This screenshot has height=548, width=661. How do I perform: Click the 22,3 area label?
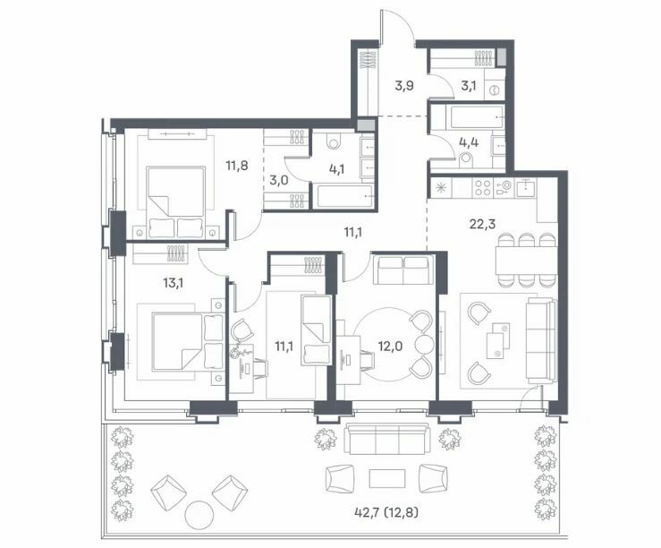[x=483, y=224]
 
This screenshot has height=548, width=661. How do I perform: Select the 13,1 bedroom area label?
[x=174, y=283]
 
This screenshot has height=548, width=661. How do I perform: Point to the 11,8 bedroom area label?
[x=236, y=166]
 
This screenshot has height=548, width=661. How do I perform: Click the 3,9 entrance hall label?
[x=404, y=86]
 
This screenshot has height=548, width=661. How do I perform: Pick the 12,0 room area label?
[x=390, y=347]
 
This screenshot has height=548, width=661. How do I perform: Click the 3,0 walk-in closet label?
[x=279, y=181]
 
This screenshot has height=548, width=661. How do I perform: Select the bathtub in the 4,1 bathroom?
[x=345, y=196]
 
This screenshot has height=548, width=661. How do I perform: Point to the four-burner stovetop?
[x=482, y=188]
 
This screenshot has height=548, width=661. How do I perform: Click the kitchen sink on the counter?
[x=525, y=187]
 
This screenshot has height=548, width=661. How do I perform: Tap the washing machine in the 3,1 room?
[x=495, y=90]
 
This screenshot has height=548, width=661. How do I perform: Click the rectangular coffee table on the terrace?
[x=387, y=478]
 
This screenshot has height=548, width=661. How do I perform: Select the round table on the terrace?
[x=199, y=515]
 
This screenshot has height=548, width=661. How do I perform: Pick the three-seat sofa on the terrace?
[x=387, y=439]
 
